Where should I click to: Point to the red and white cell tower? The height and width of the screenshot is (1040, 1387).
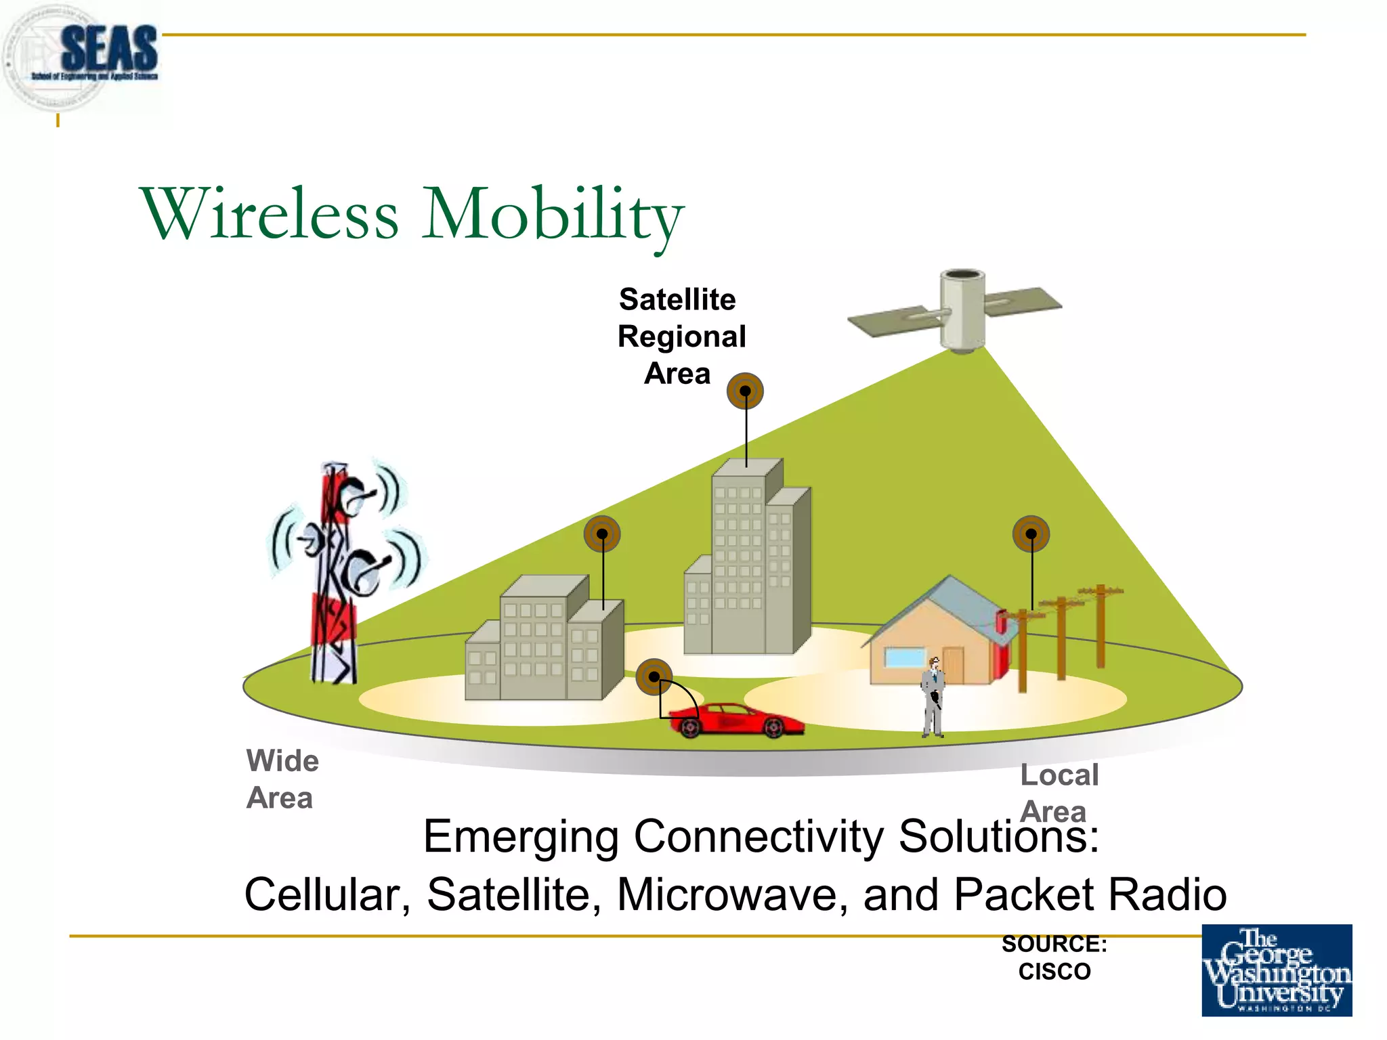pos(335,576)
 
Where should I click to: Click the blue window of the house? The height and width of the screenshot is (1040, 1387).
pos(905,657)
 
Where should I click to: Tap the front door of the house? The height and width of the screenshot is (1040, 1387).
pos(952,665)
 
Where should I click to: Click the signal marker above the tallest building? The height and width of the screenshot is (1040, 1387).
pos(745,391)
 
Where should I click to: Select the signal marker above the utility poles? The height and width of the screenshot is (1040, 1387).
pos(1031,534)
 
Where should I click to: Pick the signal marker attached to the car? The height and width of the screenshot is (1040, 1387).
pos(654,676)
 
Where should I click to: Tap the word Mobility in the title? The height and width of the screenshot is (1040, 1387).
pos(552,215)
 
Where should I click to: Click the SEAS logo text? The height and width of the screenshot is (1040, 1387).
pos(108,49)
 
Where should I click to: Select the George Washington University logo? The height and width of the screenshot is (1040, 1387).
pos(1277,970)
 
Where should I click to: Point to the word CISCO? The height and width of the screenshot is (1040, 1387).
pos(1054,972)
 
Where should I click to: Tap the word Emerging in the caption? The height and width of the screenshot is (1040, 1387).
pos(520,836)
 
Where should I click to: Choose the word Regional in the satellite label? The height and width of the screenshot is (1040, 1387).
pos(681,337)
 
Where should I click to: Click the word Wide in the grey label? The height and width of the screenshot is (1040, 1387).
pos(282,760)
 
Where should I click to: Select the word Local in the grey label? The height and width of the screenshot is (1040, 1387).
pos(1059,775)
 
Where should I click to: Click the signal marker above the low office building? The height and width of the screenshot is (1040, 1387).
pos(602,534)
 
